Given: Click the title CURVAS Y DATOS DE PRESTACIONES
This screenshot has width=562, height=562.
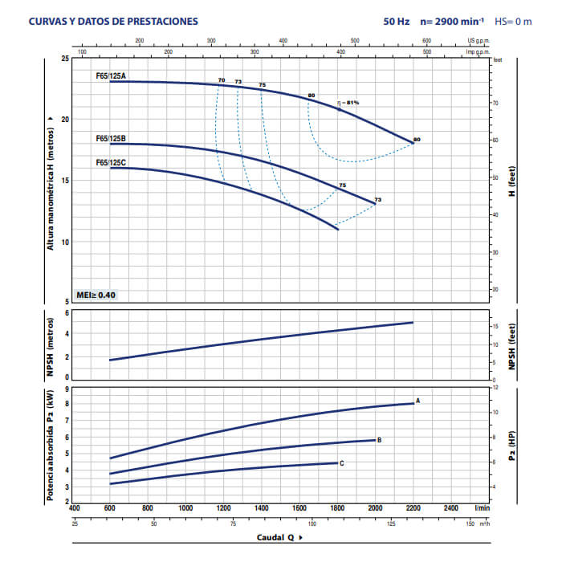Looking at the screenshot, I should pyautogui.click(x=112, y=22).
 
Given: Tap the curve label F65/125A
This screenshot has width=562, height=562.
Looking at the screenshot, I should pyautogui.click(x=111, y=75).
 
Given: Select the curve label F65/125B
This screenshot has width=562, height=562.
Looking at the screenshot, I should pyautogui.click(x=111, y=138).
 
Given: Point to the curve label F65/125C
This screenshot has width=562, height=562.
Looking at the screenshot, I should pyautogui.click(x=111, y=162).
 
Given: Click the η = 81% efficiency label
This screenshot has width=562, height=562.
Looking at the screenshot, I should pyautogui.click(x=348, y=102).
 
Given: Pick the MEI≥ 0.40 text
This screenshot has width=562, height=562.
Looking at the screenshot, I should pyautogui.click(x=96, y=295).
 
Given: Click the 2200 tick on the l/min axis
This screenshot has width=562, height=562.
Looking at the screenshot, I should pyautogui.click(x=413, y=508).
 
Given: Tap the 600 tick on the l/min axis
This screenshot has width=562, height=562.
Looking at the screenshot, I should pyautogui.click(x=110, y=508).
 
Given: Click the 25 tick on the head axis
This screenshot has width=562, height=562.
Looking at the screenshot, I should pyautogui.click(x=65, y=59).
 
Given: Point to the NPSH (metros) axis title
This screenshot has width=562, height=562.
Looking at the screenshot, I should pyautogui.click(x=50, y=343).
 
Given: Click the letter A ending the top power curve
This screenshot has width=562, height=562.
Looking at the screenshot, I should pyautogui.click(x=418, y=400).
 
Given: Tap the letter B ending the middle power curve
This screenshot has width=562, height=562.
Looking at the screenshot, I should pyautogui.click(x=379, y=439).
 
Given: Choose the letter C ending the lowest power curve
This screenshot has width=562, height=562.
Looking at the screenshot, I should pyautogui.click(x=342, y=463).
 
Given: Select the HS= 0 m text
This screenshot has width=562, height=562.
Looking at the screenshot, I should pyautogui.click(x=514, y=22).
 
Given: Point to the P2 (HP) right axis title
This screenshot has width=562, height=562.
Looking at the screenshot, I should pyautogui.click(x=511, y=442).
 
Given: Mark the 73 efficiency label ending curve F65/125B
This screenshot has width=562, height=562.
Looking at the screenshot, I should pyautogui.click(x=378, y=199).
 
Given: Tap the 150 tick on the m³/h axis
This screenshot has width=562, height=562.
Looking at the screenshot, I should pyautogui.click(x=470, y=523).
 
